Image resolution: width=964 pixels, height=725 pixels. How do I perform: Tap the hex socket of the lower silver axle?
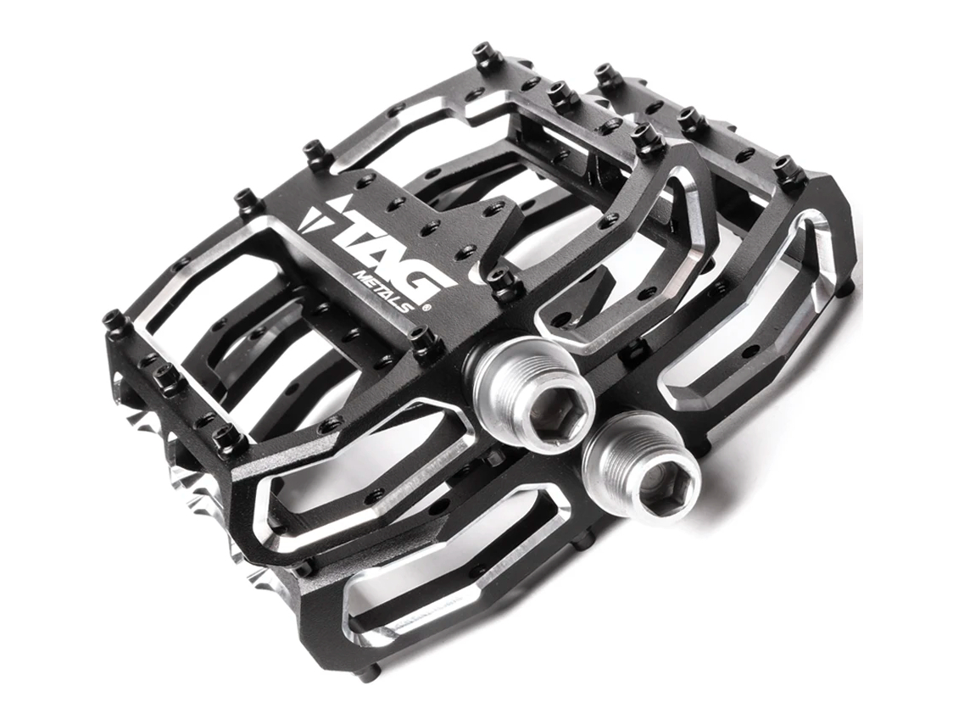657,487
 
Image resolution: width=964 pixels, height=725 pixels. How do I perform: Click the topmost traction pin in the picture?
487,55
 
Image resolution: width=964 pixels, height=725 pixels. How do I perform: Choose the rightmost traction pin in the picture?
789,170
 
